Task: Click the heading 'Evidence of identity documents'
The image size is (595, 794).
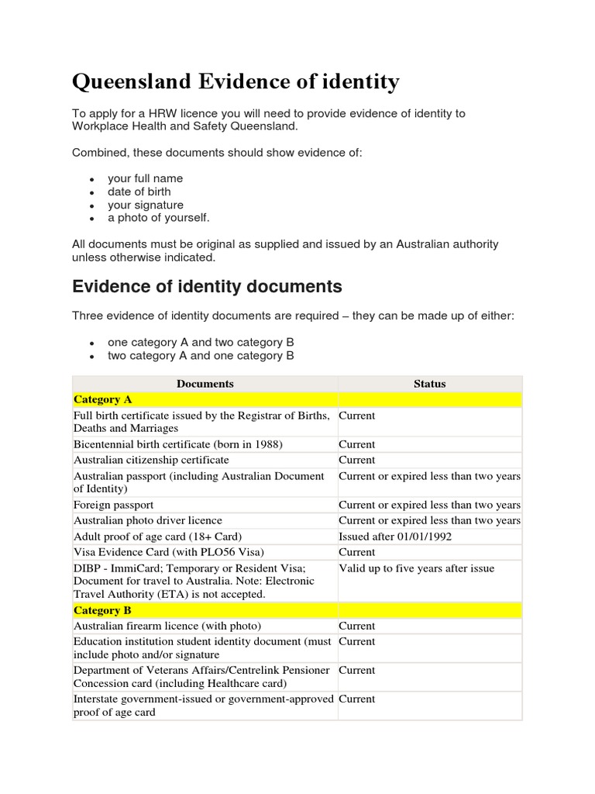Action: (207, 286)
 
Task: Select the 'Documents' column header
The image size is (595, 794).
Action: (205, 383)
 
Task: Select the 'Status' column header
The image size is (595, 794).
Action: (429, 383)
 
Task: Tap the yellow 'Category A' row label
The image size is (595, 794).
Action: (102, 399)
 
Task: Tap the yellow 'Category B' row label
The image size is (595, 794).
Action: (102, 610)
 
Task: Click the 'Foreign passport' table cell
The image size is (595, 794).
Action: (113, 505)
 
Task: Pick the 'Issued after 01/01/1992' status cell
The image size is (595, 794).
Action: (395, 537)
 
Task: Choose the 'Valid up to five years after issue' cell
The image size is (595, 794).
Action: (416, 568)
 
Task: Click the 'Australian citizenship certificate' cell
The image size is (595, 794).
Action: (151, 460)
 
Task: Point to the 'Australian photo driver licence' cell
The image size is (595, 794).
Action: (147, 520)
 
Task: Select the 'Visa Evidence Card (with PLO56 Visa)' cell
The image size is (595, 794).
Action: (169, 552)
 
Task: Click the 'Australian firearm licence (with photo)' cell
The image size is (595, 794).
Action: (167, 626)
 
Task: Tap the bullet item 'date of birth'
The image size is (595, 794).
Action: (139, 192)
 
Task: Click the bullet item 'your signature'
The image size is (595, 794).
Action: (146, 205)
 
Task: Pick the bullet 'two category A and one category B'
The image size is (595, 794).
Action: (201, 356)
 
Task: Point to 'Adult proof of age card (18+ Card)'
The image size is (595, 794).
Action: (158, 537)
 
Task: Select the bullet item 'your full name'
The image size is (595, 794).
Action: (145, 178)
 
